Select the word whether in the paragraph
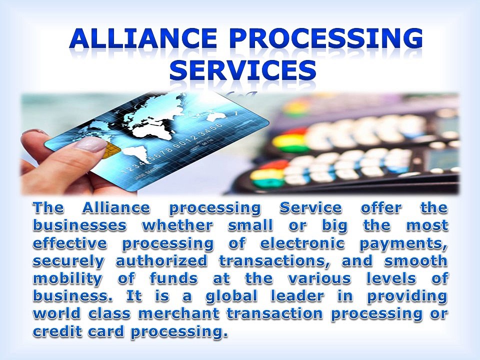pos(177,225)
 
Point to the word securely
pos(69,261)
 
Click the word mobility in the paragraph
pos(67,278)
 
